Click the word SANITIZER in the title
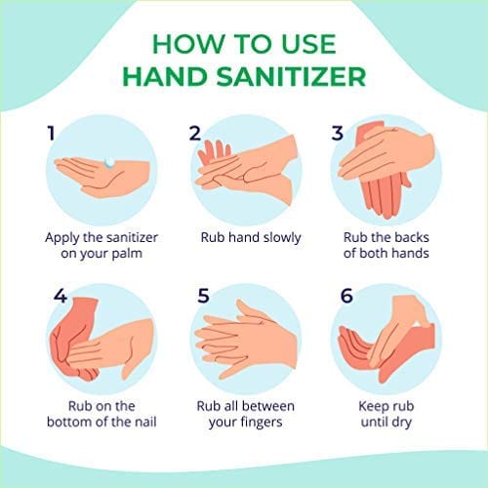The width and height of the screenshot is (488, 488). click(x=292, y=77)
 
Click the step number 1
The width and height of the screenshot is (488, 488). click(x=51, y=133)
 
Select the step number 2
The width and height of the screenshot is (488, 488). click(x=195, y=133)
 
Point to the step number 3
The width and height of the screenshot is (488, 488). click(x=338, y=133)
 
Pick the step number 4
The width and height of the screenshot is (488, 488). click(x=61, y=296)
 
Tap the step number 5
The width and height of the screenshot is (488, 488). click(x=203, y=296)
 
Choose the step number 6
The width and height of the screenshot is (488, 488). click(x=346, y=296)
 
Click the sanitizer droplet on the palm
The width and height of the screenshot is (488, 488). click(x=109, y=162)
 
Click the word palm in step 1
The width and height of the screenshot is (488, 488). click(x=127, y=254)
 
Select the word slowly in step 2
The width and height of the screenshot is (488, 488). click(x=282, y=238)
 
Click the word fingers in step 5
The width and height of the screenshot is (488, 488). click(x=262, y=423)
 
